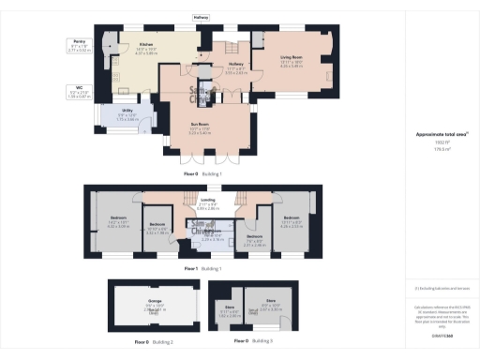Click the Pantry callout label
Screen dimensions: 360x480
[x=80, y=43]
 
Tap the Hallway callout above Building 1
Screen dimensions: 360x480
[x=201, y=17]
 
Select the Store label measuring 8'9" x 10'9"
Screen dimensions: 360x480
[x=270, y=305]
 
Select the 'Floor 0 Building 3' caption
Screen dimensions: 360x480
[x=252, y=341]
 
